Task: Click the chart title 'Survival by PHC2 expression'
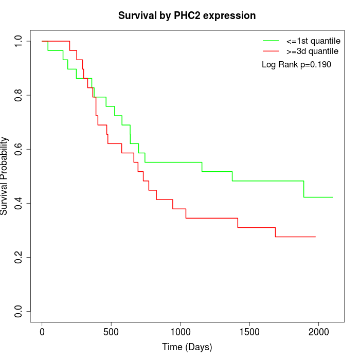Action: (187, 15)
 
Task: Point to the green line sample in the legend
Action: (271, 40)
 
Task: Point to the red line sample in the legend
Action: (271, 51)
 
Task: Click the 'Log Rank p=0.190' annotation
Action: (296, 65)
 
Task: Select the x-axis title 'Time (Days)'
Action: (187, 347)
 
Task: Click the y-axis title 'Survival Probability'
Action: (5, 176)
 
